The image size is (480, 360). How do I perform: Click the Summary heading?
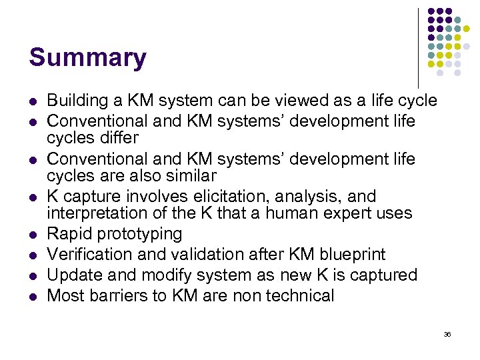tap(87, 58)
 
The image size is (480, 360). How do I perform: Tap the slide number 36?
tap(447, 334)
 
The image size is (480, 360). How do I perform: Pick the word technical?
tap(297, 296)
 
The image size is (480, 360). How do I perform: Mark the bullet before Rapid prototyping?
tap(32, 235)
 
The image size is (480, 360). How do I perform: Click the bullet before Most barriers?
tap(32, 297)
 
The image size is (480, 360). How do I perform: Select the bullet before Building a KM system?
tap(32, 101)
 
